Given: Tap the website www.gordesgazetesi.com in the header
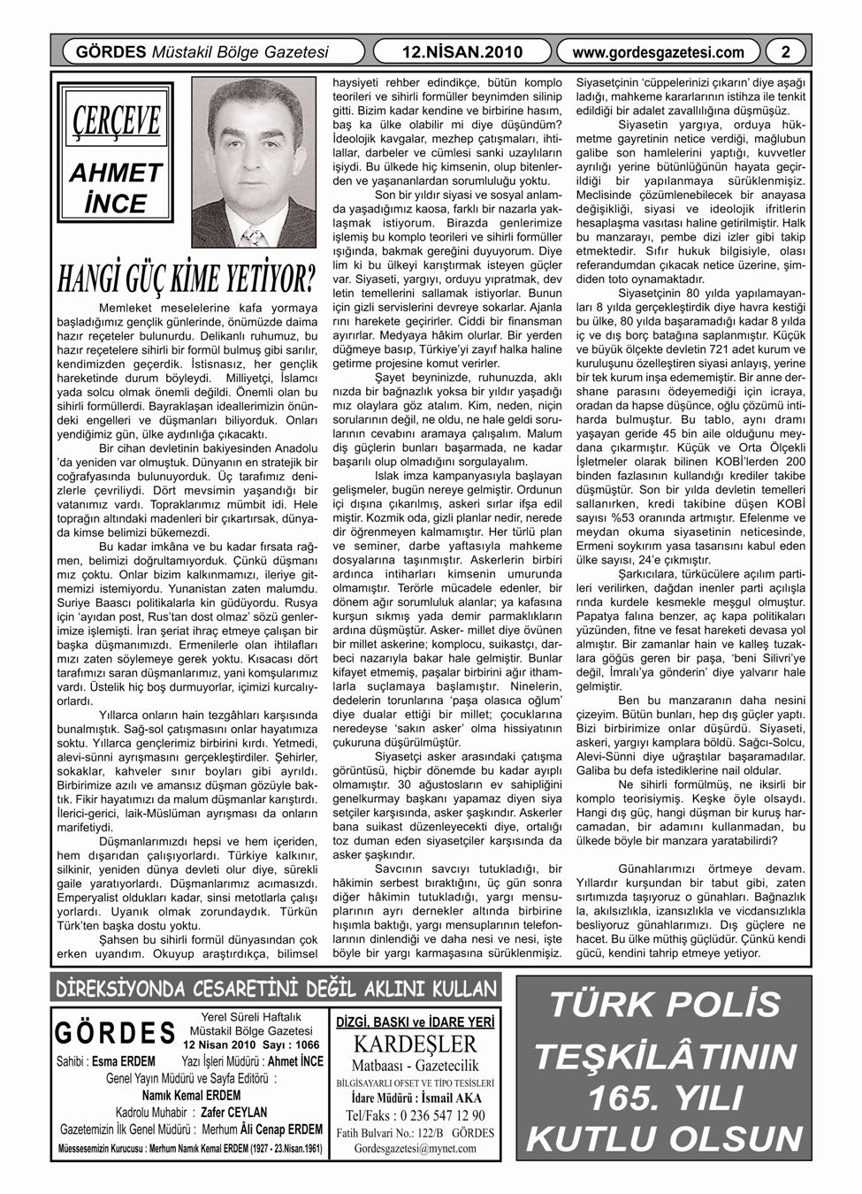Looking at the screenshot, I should [x=658, y=51].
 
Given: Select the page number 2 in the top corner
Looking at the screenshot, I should [x=785, y=51].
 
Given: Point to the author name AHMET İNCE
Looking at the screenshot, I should [x=116, y=188].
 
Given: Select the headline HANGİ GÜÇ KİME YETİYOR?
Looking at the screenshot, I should [x=187, y=278].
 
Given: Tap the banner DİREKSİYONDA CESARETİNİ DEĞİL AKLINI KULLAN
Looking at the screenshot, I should [x=275, y=987].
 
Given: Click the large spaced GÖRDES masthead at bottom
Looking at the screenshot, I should [x=115, y=1033].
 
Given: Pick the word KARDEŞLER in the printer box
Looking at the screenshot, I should [x=414, y=1044].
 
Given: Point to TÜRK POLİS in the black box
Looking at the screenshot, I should [x=666, y=1006].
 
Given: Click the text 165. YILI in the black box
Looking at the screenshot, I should [x=665, y=1097].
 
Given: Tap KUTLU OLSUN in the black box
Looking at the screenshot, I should [x=665, y=1139].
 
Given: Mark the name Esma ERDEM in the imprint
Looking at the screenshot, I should [x=124, y=1060].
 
